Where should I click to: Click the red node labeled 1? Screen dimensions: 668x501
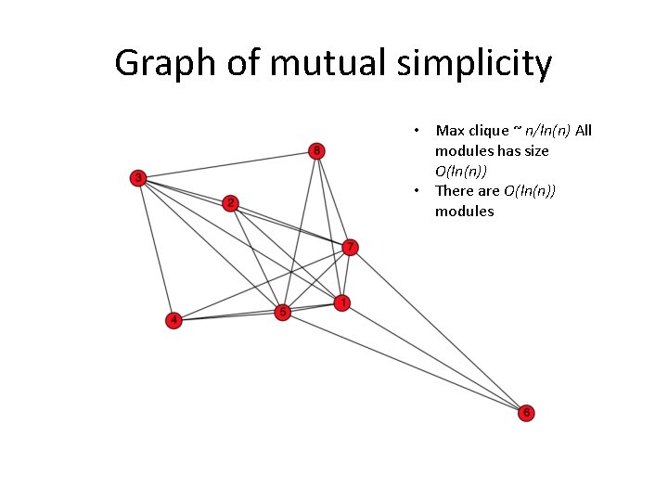[x=342, y=303]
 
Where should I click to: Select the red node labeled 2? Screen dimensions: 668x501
[x=231, y=203]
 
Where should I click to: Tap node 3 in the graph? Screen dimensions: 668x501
[x=138, y=178]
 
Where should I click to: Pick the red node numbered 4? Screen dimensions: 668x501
[x=173, y=321]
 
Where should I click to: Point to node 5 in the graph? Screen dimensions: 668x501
[x=284, y=313]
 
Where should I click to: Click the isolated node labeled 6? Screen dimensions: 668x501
[x=526, y=413]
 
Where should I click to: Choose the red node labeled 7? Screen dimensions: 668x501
[x=350, y=247]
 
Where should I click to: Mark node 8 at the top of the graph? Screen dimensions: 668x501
[x=317, y=150]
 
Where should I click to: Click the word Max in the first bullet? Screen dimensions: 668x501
[x=451, y=131]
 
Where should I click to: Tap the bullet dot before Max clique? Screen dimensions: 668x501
[x=419, y=131]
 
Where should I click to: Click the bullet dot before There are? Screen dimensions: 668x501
[x=419, y=191]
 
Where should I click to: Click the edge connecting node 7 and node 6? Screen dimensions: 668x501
[x=438, y=329]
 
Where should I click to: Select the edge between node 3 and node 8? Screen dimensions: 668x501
[x=227, y=164]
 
